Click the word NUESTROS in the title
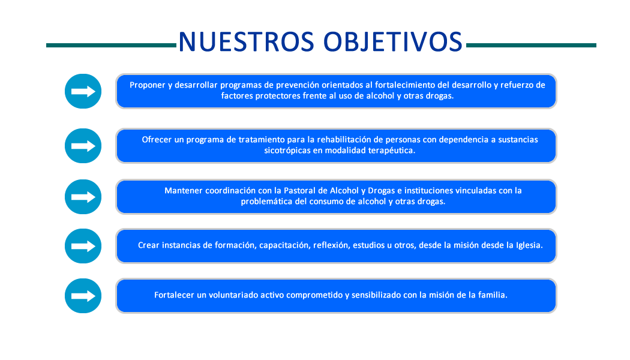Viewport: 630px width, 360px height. click(246, 42)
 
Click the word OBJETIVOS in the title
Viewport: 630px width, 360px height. click(393, 42)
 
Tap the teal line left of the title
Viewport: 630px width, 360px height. click(111, 46)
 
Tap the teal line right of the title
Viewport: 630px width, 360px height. click(531, 46)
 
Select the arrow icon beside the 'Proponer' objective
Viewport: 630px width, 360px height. click(83, 91)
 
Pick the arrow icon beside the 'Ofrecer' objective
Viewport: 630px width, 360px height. click(83, 146)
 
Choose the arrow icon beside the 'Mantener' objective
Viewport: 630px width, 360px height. click(83, 197)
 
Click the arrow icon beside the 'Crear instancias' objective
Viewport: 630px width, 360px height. click(83, 246)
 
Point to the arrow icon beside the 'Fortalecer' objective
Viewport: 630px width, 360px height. click(83, 296)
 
